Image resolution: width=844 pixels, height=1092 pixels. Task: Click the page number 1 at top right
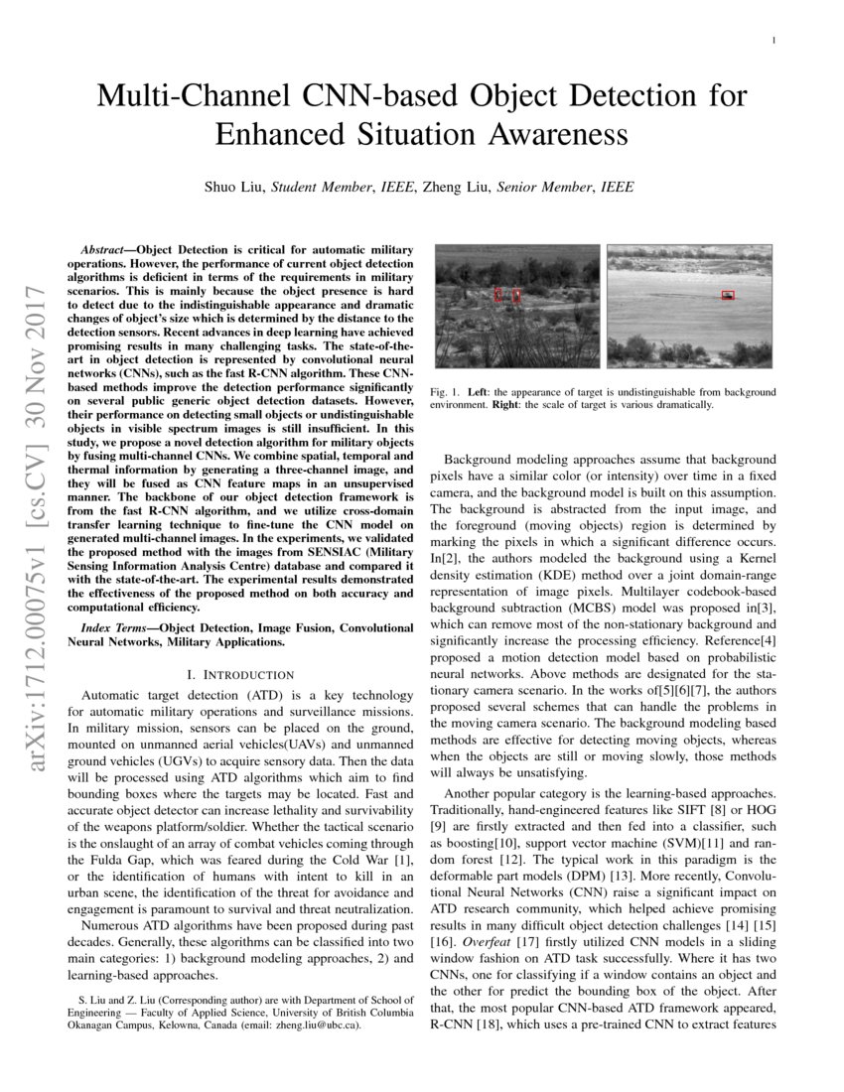[x=773, y=40]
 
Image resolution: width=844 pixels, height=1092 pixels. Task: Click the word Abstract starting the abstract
[x=106, y=242]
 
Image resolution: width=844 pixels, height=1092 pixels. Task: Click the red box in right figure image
[x=728, y=295]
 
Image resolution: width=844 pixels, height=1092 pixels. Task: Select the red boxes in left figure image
[x=507, y=294]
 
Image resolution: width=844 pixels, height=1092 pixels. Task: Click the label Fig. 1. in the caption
[x=446, y=392]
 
